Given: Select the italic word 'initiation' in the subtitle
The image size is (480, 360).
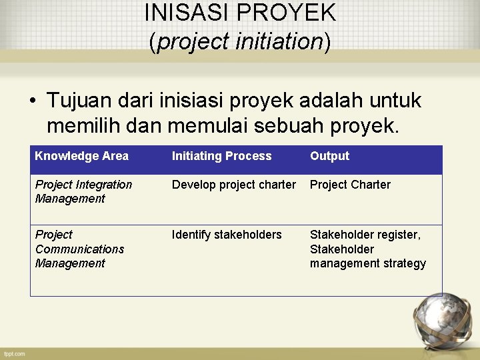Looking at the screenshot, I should pyautogui.click(x=279, y=41).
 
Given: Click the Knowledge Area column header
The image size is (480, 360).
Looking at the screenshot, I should pyautogui.click(x=81, y=156).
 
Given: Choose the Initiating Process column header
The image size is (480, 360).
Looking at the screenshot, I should pyautogui.click(x=221, y=156).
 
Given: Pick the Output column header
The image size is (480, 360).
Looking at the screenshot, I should pyautogui.click(x=329, y=156).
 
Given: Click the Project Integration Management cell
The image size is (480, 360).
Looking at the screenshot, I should pyautogui.click(x=83, y=191).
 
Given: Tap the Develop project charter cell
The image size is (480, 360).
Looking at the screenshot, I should pyautogui.click(x=233, y=185).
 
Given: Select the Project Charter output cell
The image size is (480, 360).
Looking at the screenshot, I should pyautogui.click(x=350, y=185).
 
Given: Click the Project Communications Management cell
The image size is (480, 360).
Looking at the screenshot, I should pyautogui.click(x=79, y=249).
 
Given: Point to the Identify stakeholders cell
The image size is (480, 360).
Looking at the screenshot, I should pyautogui.click(x=227, y=235).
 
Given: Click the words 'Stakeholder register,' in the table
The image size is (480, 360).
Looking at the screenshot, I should pyautogui.click(x=365, y=235).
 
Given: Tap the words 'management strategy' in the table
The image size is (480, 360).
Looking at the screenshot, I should pyautogui.click(x=367, y=263).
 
